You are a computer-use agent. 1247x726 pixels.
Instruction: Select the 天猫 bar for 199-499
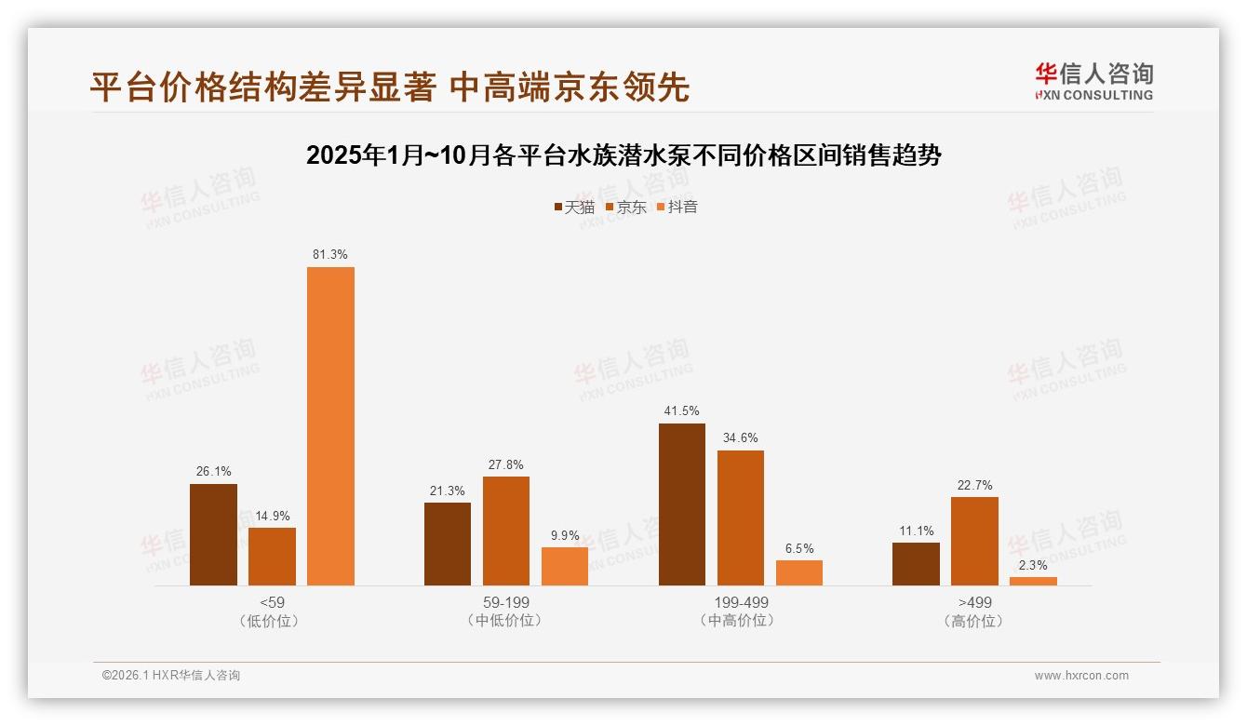tap(682, 504)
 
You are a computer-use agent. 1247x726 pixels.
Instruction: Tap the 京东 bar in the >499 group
tap(974, 541)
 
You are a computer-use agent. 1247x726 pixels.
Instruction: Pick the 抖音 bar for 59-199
tap(565, 566)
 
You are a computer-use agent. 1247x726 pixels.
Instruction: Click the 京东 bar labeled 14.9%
tap(272, 557)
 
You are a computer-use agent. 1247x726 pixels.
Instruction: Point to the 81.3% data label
tap(330, 254)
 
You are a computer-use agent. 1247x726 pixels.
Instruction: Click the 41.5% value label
tap(682, 410)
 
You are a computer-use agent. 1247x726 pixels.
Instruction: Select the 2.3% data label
tap(1033, 565)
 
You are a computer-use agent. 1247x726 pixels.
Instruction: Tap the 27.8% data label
tap(506, 464)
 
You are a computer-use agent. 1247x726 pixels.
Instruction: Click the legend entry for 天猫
tap(574, 207)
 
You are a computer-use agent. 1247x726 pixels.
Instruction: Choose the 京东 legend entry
tap(626, 207)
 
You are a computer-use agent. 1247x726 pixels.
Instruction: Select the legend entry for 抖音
tap(677, 207)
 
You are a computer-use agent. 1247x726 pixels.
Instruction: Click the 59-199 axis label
tap(506, 602)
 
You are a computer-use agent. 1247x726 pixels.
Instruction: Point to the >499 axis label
tap(974, 602)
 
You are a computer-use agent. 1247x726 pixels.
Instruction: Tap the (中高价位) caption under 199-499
tap(740, 620)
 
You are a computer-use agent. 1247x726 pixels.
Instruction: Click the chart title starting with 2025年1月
tap(623, 155)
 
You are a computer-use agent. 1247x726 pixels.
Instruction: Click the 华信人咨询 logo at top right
tap(1093, 81)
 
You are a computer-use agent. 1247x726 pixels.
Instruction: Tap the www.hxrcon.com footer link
tap(1081, 676)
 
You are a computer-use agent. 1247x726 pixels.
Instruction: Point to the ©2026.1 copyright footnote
tap(171, 676)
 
